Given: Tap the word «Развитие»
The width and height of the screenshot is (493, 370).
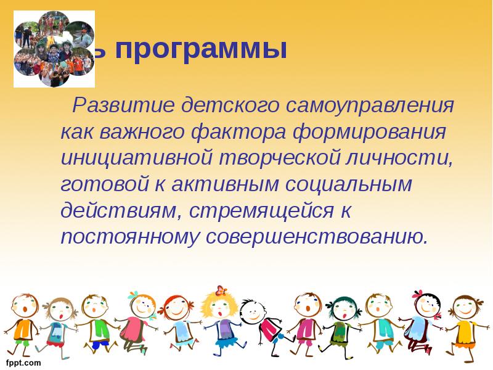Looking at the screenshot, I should pos(120,106).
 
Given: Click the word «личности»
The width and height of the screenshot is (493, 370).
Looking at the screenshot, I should pos(404,158).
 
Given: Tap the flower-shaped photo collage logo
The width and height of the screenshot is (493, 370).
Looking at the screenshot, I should pos(54,48).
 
